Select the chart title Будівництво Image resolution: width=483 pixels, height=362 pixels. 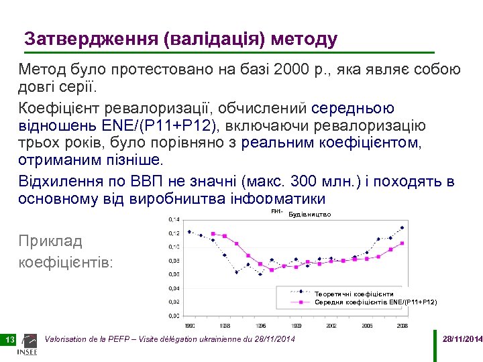309,215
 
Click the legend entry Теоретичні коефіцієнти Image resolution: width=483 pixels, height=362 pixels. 354,294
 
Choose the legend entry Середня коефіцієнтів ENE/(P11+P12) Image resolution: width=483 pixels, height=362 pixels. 376,302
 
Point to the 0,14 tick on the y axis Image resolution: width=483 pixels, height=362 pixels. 173,219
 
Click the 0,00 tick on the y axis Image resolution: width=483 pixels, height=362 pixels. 173,316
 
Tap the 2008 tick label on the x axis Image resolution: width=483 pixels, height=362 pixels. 401,325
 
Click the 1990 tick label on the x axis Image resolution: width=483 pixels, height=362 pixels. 190,325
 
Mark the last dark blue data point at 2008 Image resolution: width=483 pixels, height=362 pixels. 402,227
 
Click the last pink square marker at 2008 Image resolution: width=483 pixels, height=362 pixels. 402,243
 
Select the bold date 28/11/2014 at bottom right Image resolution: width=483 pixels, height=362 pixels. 462,340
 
